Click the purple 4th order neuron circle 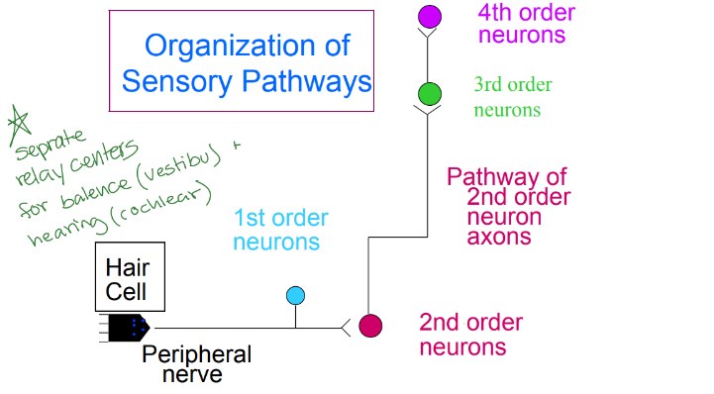429,16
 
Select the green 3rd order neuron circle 429,94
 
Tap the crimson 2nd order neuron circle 370,326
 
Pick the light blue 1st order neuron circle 295,295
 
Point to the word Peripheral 196,354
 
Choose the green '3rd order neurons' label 513,97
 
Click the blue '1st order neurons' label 280,230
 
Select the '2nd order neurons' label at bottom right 469,335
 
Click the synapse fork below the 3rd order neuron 429,111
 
